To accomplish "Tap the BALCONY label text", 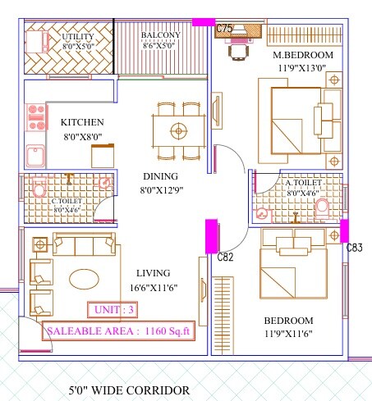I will [x=160, y=35].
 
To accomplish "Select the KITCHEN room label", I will [x=82, y=122].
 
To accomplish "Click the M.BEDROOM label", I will [x=303, y=55].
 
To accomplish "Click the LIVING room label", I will [x=154, y=273].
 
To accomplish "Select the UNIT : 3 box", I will [x=113, y=310].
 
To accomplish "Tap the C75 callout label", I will [x=224, y=30].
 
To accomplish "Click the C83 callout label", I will [x=354, y=247].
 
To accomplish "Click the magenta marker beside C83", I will [x=344, y=230].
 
